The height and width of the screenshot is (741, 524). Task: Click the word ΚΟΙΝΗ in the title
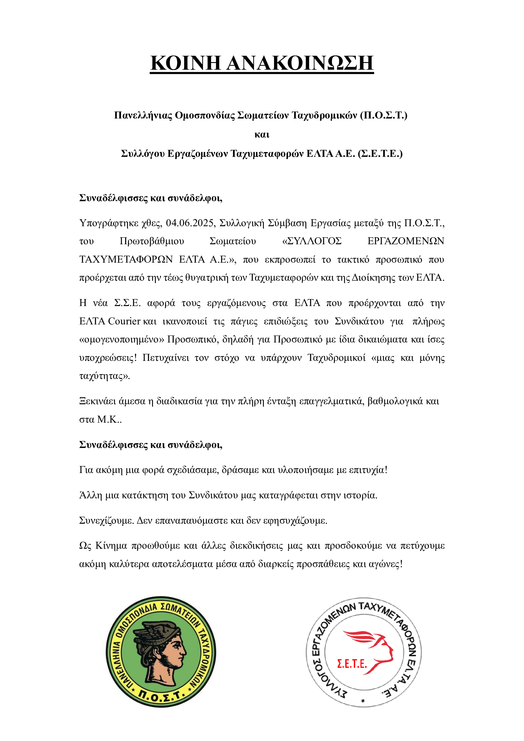coord(186,63)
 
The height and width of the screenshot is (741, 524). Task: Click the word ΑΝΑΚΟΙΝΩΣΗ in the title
coord(300,63)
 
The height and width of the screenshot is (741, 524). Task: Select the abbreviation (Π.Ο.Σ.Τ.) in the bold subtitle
coord(384,115)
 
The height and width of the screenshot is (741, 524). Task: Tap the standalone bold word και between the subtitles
coord(262,134)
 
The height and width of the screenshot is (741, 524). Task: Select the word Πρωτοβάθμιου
coord(152,241)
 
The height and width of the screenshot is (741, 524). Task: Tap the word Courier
coord(124,321)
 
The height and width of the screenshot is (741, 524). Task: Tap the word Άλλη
coord(90,495)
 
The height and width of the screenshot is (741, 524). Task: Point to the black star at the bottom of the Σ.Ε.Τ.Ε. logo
coord(363,701)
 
